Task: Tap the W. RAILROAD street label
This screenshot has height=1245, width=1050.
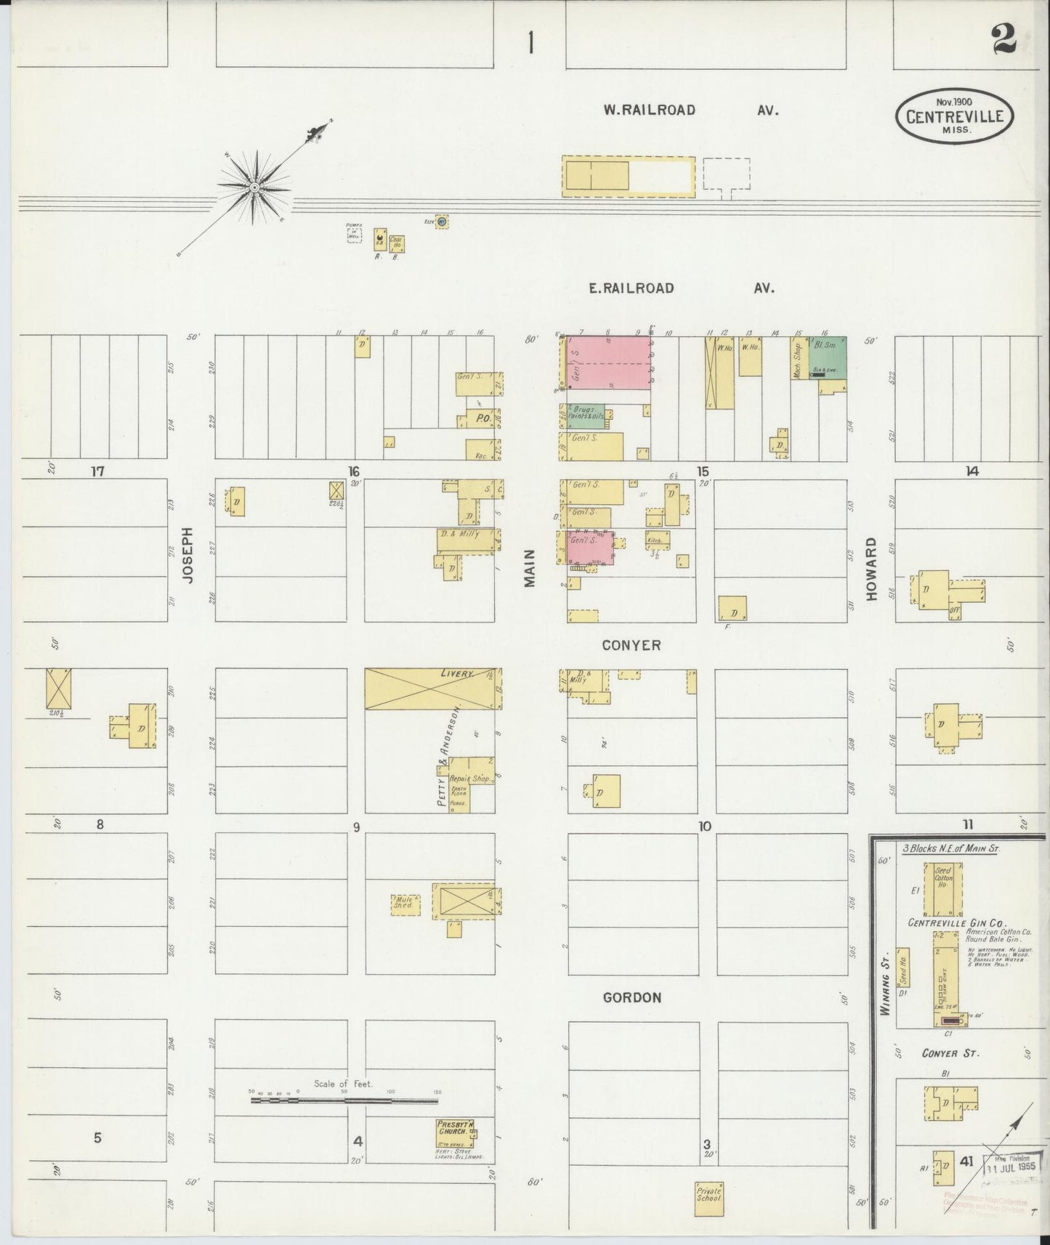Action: pyautogui.click(x=649, y=110)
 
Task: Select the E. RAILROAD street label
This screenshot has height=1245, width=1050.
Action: pyautogui.click(x=631, y=288)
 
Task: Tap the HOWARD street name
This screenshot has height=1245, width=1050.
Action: pyautogui.click(x=872, y=569)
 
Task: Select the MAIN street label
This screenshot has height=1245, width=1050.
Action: pyautogui.click(x=530, y=568)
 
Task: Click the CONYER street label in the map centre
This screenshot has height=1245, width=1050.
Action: pyautogui.click(x=631, y=645)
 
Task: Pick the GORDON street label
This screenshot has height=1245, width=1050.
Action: pyautogui.click(x=632, y=997)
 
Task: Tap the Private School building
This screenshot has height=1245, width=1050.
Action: pyautogui.click(x=708, y=1195)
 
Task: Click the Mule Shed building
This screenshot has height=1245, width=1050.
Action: pyautogui.click(x=404, y=904)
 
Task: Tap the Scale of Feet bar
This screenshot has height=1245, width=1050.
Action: pyautogui.click(x=344, y=1100)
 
